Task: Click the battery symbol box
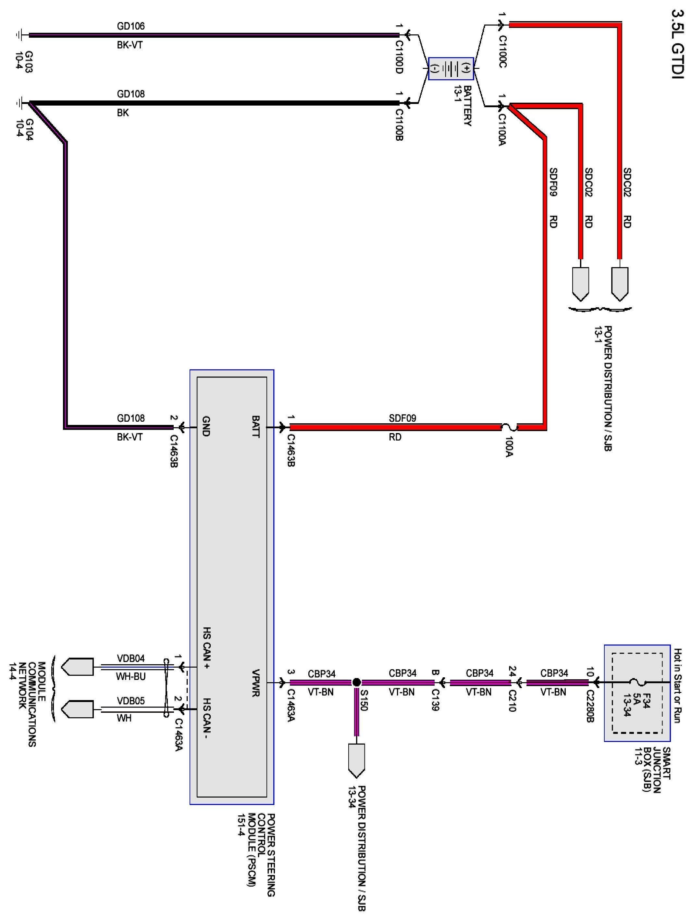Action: click(x=451, y=69)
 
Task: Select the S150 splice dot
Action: click(x=356, y=682)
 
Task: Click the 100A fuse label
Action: click(x=509, y=447)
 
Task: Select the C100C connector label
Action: click(x=502, y=52)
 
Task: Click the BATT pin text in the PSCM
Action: click(x=255, y=426)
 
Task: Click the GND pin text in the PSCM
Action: click(x=206, y=426)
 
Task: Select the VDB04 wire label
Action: click(x=130, y=658)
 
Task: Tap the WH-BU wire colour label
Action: click(x=130, y=677)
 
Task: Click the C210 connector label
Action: click(x=512, y=701)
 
